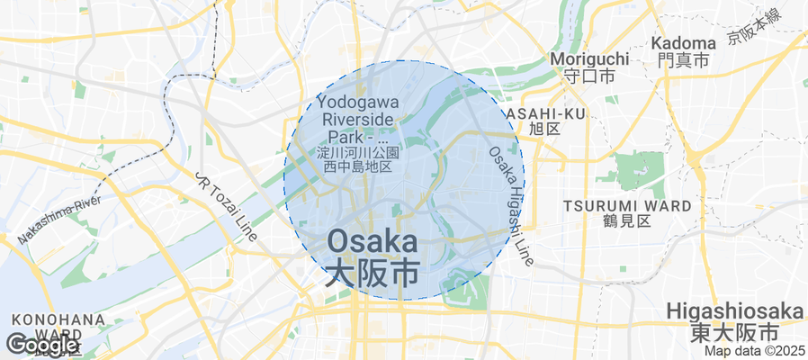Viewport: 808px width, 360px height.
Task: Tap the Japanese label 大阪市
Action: [x=372, y=274]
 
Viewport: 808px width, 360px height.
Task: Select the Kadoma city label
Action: [x=683, y=42]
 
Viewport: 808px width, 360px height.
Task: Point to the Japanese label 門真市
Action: [x=683, y=60]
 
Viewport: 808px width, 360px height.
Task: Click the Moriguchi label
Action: [x=588, y=58]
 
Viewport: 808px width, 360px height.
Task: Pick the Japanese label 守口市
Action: [x=588, y=76]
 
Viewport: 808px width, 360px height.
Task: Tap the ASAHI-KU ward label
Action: [x=545, y=113]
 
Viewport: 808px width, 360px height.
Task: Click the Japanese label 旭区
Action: [x=545, y=129]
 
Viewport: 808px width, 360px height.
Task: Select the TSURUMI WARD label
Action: [x=627, y=205]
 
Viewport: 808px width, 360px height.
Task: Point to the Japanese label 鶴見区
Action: [x=627, y=220]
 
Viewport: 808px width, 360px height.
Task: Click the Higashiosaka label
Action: [x=735, y=311]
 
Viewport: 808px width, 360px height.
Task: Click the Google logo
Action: [x=42, y=345]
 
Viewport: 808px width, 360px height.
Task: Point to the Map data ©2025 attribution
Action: [x=754, y=352]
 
